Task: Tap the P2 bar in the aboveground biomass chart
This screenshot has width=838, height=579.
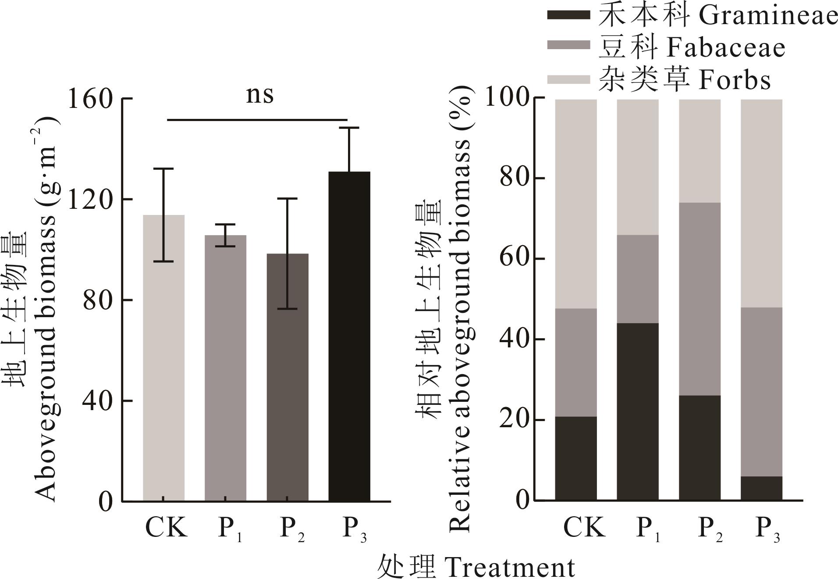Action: [288, 377]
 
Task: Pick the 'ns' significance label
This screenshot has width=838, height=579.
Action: [259, 95]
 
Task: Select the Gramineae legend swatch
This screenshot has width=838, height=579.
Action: [568, 15]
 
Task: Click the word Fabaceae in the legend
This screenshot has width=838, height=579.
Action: [725, 48]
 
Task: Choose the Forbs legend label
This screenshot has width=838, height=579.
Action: [734, 81]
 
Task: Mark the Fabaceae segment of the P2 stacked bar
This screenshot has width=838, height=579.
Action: [700, 299]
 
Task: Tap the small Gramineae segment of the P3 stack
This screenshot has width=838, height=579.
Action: [761, 488]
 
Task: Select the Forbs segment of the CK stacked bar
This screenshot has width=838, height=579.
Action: [576, 204]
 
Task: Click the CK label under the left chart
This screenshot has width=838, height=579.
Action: [166, 527]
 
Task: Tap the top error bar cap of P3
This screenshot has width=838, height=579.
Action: [349, 128]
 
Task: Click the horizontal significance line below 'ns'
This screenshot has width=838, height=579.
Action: [257, 119]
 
